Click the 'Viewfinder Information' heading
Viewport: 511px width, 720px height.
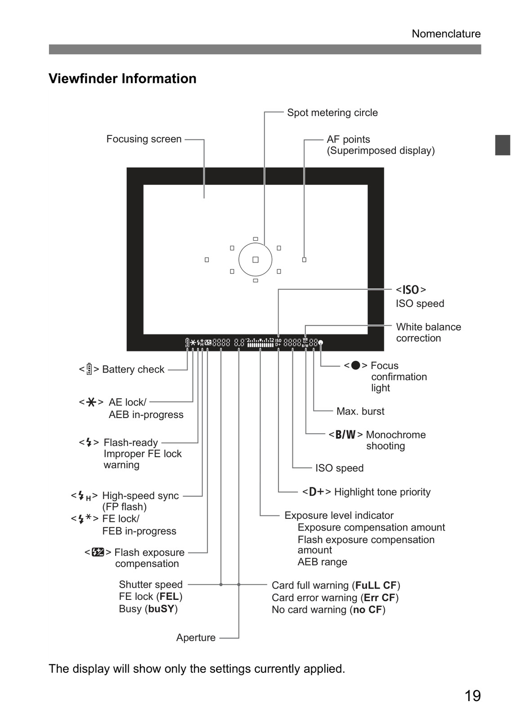click(122, 78)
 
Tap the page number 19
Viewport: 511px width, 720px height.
click(472, 696)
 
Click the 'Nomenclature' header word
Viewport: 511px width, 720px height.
click(446, 34)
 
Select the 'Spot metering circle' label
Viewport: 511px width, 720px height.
click(332, 113)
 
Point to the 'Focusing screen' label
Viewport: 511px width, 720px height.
click(144, 139)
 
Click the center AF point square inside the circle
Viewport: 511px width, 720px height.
click(255, 259)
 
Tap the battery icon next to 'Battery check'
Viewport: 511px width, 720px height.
click(90, 369)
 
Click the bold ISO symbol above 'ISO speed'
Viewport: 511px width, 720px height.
click(411, 290)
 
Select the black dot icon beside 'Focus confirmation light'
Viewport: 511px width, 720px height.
click(355, 365)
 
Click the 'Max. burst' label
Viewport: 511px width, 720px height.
click(360, 411)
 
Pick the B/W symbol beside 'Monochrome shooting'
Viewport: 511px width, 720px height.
click(345, 435)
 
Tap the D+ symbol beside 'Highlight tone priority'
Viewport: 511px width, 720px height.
click(317, 492)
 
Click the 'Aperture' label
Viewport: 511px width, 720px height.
click(196, 637)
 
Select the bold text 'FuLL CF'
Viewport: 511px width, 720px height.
click(376, 585)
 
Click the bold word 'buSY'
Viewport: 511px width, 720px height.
click(161, 609)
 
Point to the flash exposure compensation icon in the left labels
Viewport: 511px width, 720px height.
click(98, 552)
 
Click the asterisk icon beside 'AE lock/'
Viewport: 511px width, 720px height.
click(91, 402)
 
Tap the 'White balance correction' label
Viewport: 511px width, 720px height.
click(428, 333)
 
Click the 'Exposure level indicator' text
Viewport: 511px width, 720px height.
click(339, 515)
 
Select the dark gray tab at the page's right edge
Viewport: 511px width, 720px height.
click(502, 145)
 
